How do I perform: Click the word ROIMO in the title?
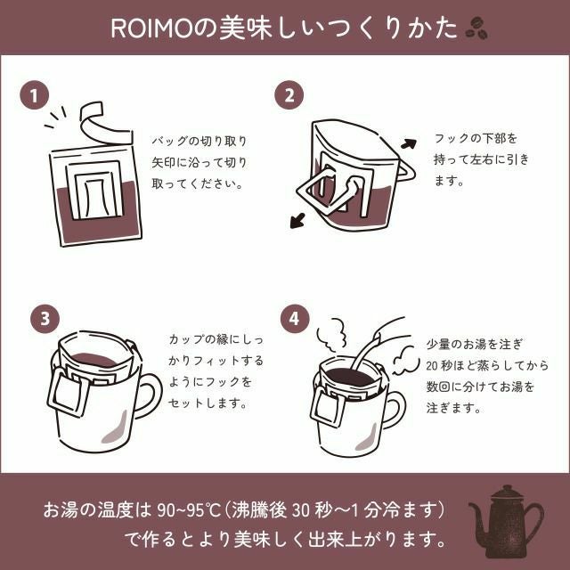pos(151,28)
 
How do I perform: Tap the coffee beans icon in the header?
pos(476,28)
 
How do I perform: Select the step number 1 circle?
pos(34,95)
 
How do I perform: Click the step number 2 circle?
pos(289,95)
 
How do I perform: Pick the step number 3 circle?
pos(45,319)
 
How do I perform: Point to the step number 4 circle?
pos(295,319)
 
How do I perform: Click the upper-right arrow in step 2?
pos(409,144)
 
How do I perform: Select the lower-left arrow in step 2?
pos(297,221)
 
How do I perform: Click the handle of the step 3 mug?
pos(151,395)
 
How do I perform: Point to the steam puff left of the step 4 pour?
pos(331,335)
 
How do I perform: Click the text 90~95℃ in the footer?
pos(190,510)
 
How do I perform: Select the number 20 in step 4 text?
pos(431,365)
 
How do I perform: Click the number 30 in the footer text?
pos(300,510)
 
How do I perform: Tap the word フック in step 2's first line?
pos(448,139)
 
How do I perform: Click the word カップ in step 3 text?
pos(183,339)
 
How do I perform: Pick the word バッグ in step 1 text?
pos(166,141)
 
